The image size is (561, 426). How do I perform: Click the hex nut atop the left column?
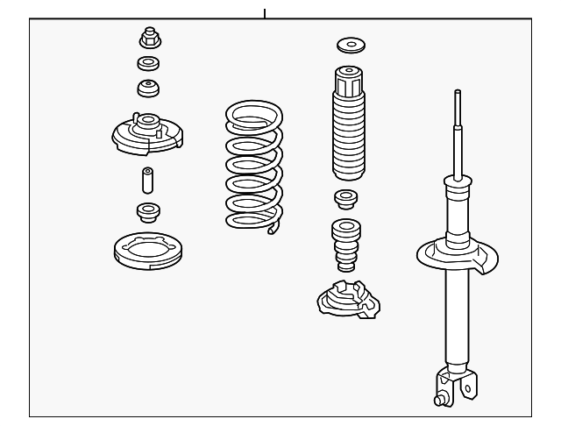point(147,38)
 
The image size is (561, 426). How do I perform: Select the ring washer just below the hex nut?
point(147,63)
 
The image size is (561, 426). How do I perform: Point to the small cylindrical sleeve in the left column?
point(147,181)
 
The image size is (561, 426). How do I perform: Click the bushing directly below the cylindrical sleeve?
point(147,211)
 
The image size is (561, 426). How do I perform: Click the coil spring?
point(255,167)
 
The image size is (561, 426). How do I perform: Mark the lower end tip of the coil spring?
point(275,230)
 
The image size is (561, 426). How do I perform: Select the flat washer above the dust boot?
point(351,45)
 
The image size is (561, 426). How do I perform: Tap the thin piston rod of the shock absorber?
point(457,131)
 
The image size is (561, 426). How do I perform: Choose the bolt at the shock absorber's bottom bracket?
point(439,401)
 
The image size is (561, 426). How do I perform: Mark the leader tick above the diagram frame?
point(264,12)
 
